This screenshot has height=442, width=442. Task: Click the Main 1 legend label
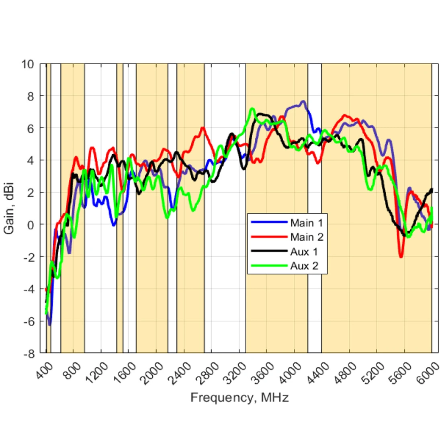tap(307, 223)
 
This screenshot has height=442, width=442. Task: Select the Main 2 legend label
tap(307, 237)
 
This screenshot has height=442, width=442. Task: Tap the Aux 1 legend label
tap(304, 252)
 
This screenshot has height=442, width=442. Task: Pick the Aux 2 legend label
tap(304, 266)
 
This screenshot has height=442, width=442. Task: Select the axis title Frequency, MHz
tap(239, 398)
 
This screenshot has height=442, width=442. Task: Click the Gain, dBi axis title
tap(9, 209)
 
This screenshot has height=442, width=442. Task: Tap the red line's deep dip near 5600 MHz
tap(401, 256)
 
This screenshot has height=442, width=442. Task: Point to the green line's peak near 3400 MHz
tap(252, 109)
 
